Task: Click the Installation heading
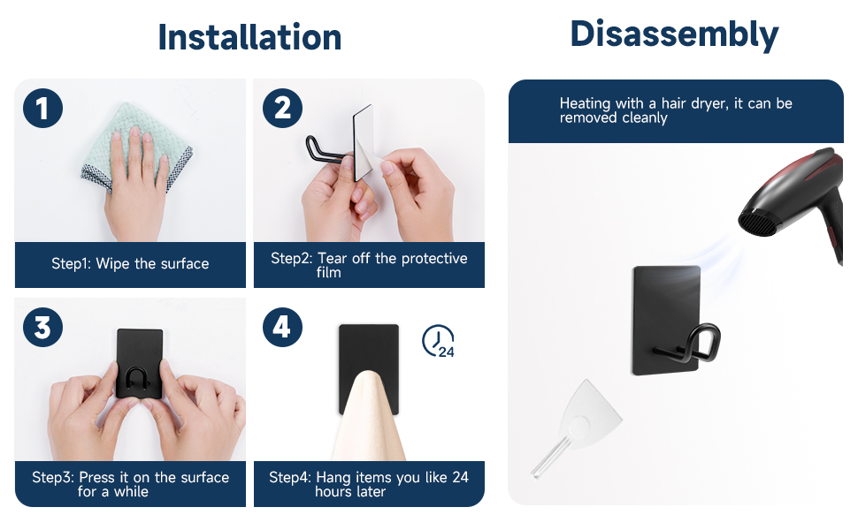249,37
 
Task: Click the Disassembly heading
674,34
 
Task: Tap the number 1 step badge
42,108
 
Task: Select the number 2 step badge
282,108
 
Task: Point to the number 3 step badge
42,328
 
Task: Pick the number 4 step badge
282,328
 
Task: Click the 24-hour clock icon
439,342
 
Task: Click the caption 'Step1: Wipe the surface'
130,264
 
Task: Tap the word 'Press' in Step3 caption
96,478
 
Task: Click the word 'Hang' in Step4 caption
333,478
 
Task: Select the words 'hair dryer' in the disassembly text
695,103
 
